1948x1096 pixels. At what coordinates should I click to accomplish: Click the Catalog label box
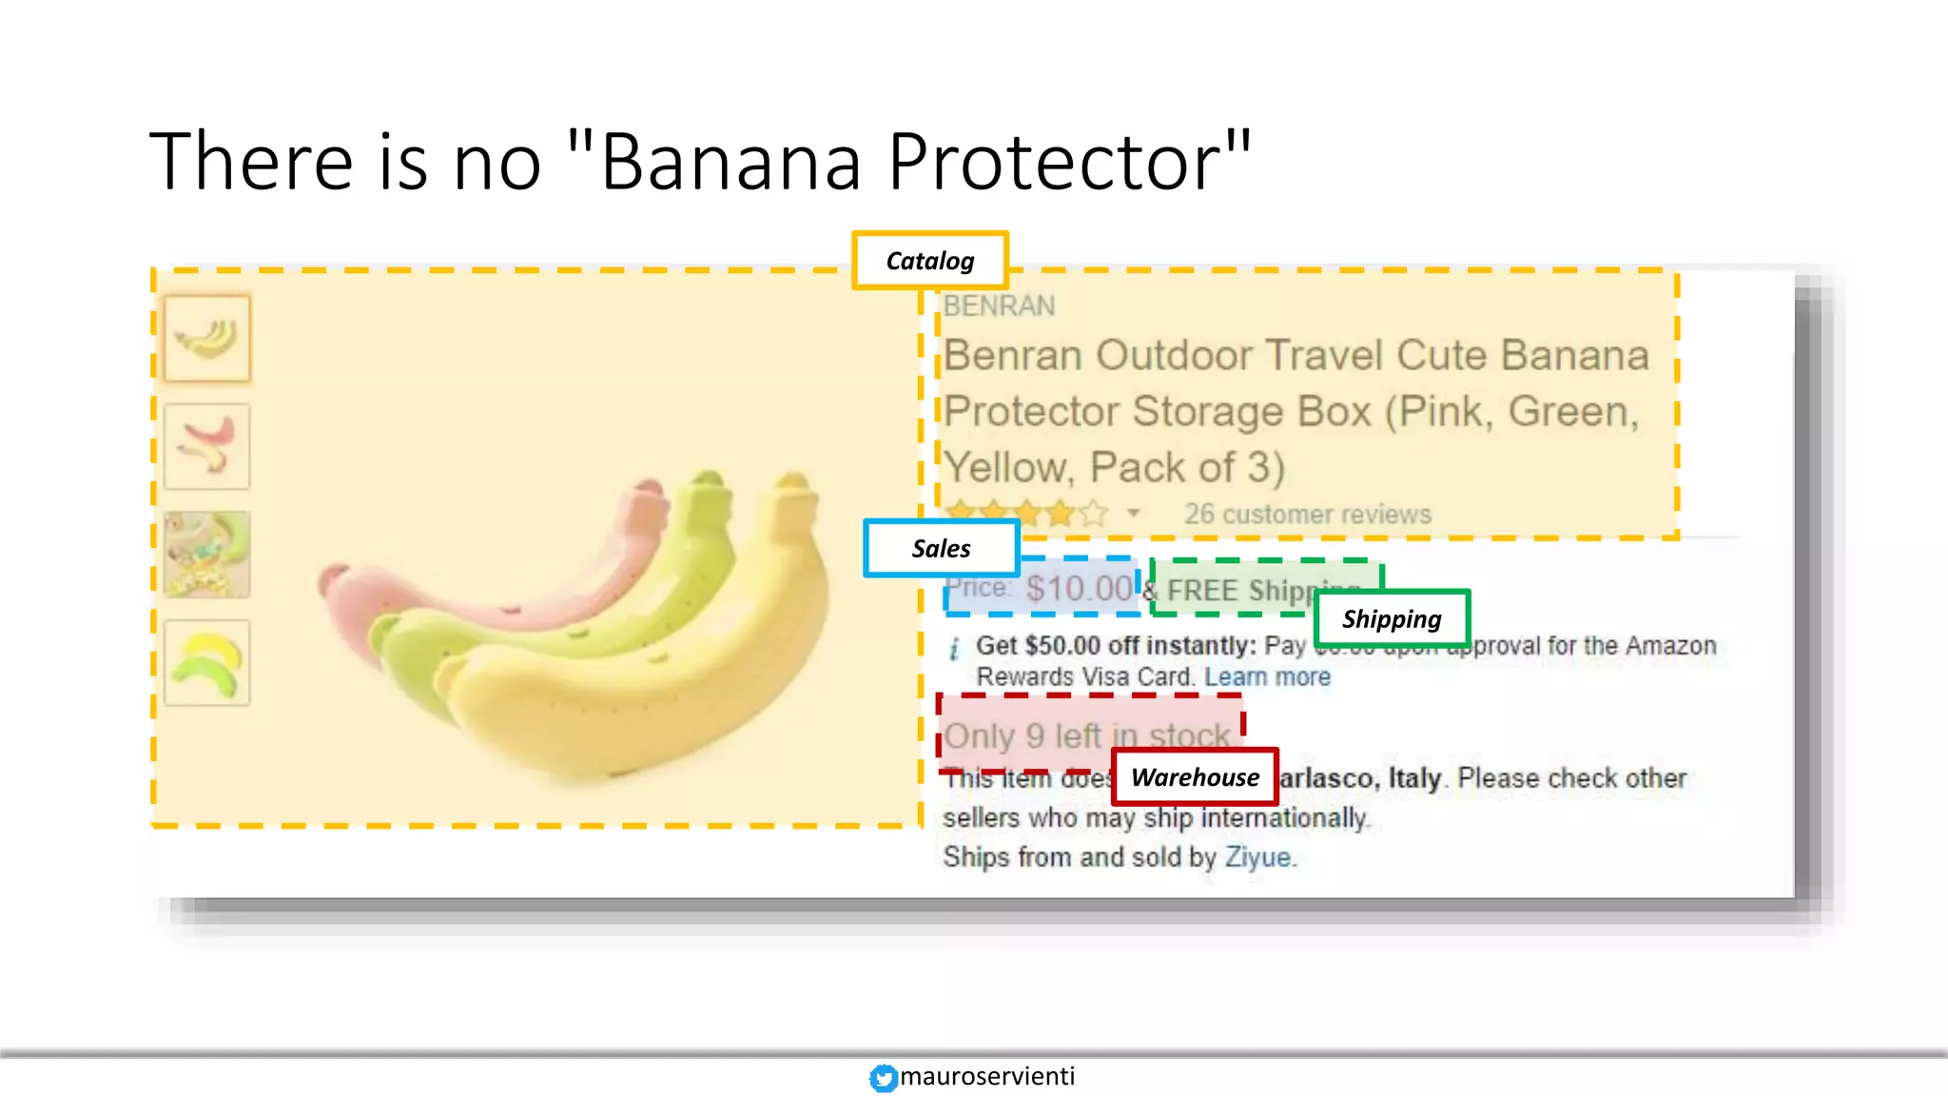tap(929, 260)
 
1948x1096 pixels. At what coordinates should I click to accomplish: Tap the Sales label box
tap(941, 548)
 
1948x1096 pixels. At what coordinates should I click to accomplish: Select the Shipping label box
tap(1392, 618)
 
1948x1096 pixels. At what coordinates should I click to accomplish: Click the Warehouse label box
tap(1195, 777)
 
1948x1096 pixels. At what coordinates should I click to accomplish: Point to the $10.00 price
tap(1079, 589)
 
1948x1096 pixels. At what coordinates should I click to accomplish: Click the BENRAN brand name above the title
tap(999, 306)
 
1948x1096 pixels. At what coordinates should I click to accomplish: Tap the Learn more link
tap(1267, 676)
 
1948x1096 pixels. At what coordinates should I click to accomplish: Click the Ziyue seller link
tap(1257, 857)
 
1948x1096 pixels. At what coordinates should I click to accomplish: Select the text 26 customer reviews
tap(1307, 515)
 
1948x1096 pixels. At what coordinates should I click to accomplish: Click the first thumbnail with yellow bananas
tap(207, 338)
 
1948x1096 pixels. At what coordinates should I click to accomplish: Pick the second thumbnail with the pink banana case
tap(207, 446)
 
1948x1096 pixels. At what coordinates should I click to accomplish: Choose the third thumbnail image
tap(207, 555)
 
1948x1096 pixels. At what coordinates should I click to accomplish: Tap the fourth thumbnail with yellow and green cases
tap(207, 663)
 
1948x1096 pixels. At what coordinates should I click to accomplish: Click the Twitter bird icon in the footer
tap(883, 1077)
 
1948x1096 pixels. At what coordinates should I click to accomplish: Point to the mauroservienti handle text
tap(987, 1076)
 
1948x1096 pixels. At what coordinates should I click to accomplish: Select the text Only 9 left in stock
tap(1087, 735)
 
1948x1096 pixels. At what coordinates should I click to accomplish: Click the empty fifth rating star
tap(1094, 515)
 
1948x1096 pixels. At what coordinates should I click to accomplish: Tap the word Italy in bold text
tap(1414, 778)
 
